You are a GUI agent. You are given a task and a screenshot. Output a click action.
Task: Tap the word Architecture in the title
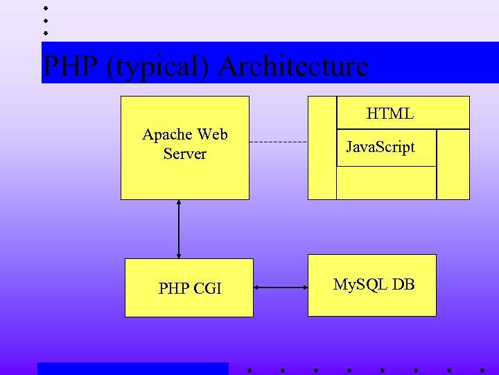[293, 66]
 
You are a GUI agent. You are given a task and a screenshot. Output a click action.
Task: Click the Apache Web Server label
[185, 144]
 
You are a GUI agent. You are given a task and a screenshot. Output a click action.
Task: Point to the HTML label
[389, 114]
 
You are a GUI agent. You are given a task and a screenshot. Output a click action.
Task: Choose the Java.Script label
[380, 147]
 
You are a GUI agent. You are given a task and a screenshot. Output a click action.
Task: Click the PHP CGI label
[190, 287]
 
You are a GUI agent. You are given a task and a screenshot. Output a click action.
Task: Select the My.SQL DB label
[374, 284]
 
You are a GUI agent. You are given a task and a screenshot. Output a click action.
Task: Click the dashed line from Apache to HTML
[277, 142]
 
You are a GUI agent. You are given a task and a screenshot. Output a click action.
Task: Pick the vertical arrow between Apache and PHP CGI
[179, 229]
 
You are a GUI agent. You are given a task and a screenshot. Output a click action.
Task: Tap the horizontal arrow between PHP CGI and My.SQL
[281, 287]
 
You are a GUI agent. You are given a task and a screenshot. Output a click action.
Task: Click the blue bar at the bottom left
[132, 369]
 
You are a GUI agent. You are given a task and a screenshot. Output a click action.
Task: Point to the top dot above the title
[45, 8]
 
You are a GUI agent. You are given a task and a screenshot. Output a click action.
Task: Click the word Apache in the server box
[168, 134]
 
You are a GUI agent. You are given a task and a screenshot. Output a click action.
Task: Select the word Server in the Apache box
[185, 153]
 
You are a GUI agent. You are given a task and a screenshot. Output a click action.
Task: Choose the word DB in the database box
[403, 284]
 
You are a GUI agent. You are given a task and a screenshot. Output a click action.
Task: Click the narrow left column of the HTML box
[322, 147]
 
